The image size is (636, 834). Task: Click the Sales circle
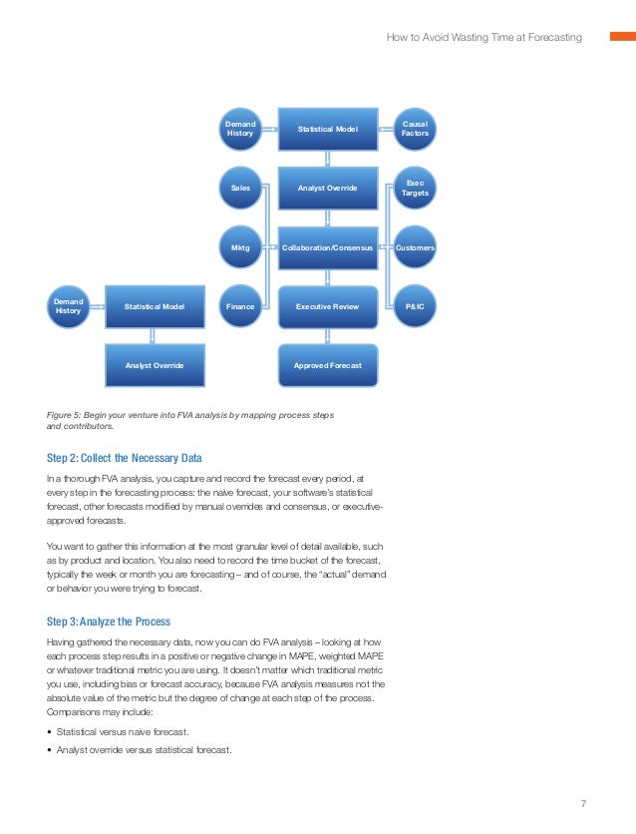(240, 188)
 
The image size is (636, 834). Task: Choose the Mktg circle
(240, 246)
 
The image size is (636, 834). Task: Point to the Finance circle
(240, 307)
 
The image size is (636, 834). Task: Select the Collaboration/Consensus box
(328, 246)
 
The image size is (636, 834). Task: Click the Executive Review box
(328, 307)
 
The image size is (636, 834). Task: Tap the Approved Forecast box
(328, 366)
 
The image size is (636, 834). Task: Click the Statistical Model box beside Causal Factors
(328, 129)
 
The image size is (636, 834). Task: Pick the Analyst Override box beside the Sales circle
(328, 188)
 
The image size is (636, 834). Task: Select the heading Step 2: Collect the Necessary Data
(124, 458)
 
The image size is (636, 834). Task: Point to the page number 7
(583, 803)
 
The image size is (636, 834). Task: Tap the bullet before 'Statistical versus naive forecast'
(50, 732)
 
